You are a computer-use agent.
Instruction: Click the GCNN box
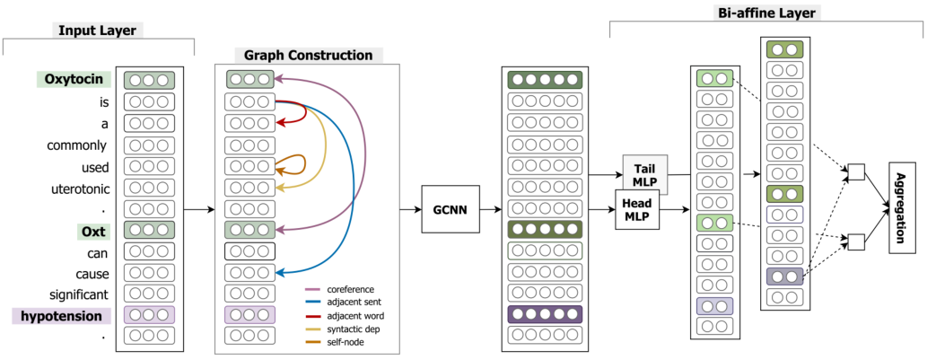point(451,209)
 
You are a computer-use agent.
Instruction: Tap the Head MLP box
point(637,209)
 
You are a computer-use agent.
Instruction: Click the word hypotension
point(62,316)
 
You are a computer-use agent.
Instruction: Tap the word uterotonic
point(81,189)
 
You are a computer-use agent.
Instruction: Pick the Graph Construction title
point(308,55)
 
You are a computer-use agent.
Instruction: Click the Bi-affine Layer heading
point(765,13)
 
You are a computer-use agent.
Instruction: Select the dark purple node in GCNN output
point(543,314)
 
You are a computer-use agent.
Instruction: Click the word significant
point(79,294)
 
